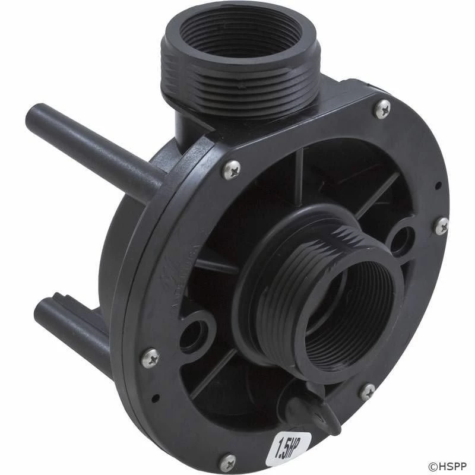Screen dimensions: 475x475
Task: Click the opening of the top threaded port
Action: pos(237,36)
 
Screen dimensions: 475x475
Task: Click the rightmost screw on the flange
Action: pos(441,226)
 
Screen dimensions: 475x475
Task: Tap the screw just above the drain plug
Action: pos(368,391)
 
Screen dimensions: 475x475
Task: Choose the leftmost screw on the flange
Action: pos(149,358)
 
